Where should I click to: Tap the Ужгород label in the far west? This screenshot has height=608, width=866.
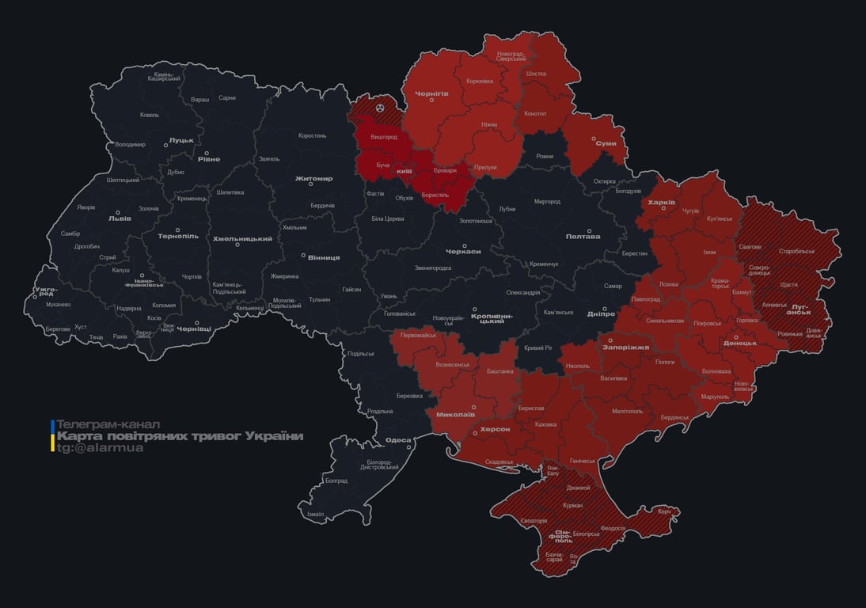point(46,293)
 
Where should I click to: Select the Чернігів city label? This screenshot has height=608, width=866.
point(431,93)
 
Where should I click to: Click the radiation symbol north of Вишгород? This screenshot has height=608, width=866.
point(380,106)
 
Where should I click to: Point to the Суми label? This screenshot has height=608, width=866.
point(606,143)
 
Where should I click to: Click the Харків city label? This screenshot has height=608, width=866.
point(661,203)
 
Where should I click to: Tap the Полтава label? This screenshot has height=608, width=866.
point(583,236)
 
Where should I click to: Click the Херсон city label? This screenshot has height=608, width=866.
point(495,428)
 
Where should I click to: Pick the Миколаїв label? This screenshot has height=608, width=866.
point(455,414)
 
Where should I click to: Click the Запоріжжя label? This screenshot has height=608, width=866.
point(626,347)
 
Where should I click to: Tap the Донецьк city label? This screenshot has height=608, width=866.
point(739,343)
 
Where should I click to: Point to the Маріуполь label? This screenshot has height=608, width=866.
point(715,396)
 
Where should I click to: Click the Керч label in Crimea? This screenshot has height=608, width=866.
point(663,511)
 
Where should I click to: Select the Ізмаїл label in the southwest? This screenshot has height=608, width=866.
point(315,514)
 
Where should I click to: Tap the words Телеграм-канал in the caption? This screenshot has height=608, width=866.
point(108,424)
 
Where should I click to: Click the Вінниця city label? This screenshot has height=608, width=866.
point(323,257)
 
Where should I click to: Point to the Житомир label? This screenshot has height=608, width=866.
point(313,178)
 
